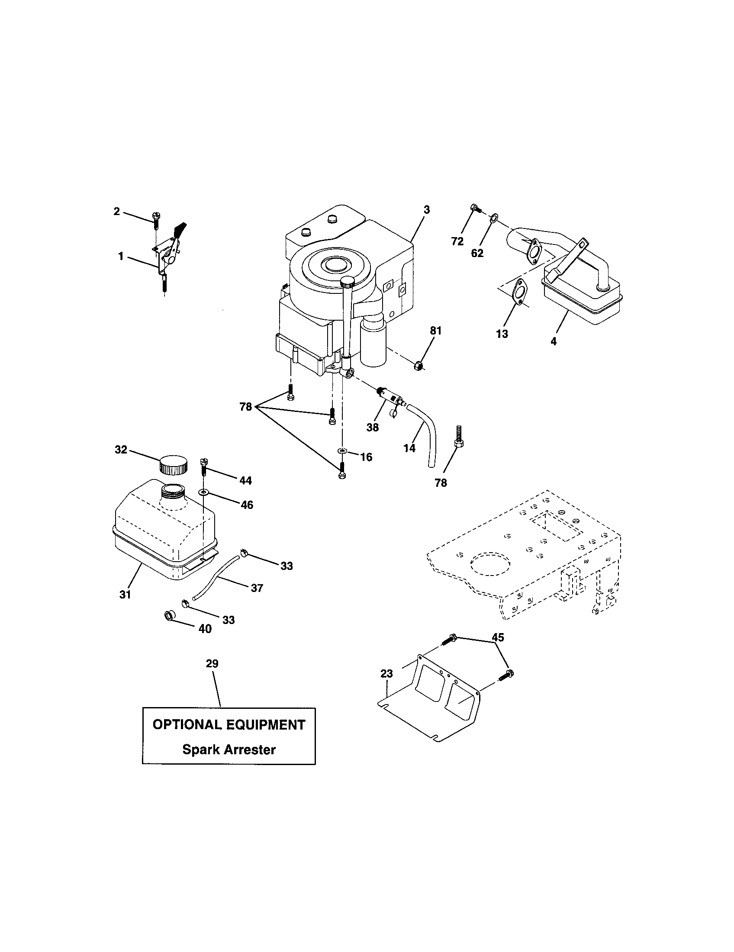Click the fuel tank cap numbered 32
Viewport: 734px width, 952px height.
coord(173,465)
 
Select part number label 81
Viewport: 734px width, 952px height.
coord(435,331)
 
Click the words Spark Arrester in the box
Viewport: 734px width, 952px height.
coord(229,750)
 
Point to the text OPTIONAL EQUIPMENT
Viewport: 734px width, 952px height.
coord(229,725)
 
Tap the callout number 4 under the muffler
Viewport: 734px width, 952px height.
coord(553,342)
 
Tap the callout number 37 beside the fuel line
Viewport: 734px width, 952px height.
coord(257,588)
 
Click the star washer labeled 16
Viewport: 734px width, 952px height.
coord(343,450)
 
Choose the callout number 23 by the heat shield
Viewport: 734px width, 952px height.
coord(386,673)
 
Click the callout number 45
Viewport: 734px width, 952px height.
coord(497,637)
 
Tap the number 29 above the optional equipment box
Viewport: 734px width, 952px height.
coord(212,664)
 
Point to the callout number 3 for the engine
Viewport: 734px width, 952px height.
coord(426,210)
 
